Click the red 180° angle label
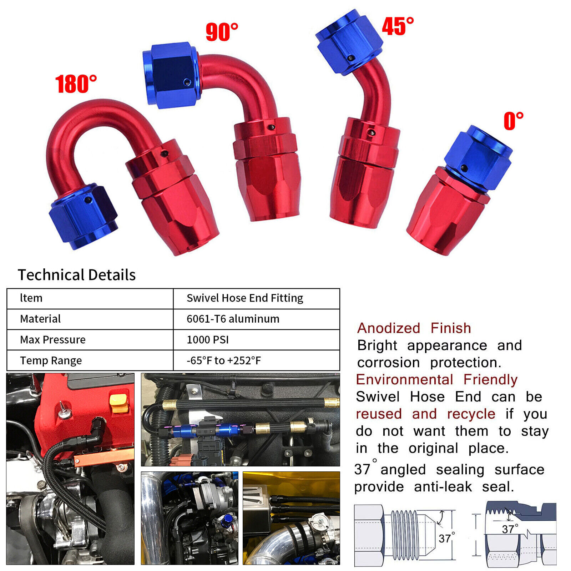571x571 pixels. coord(76,84)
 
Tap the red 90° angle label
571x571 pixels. coord(222,32)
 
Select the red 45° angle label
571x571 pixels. coord(398,26)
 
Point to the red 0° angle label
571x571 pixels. coord(513,121)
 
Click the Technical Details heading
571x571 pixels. coord(77,275)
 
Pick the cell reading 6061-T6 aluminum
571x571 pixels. coord(233,319)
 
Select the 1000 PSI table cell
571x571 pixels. coord(207,339)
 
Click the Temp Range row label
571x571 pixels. coord(51,360)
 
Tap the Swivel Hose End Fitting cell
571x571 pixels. coord(244,298)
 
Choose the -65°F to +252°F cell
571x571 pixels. coord(224,360)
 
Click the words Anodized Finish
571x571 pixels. coord(414,328)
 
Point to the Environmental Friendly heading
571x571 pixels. coord(436,379)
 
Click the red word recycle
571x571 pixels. coord(471,414)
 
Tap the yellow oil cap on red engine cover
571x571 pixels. coord(119,403)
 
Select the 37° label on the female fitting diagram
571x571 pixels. coord(510,529)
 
